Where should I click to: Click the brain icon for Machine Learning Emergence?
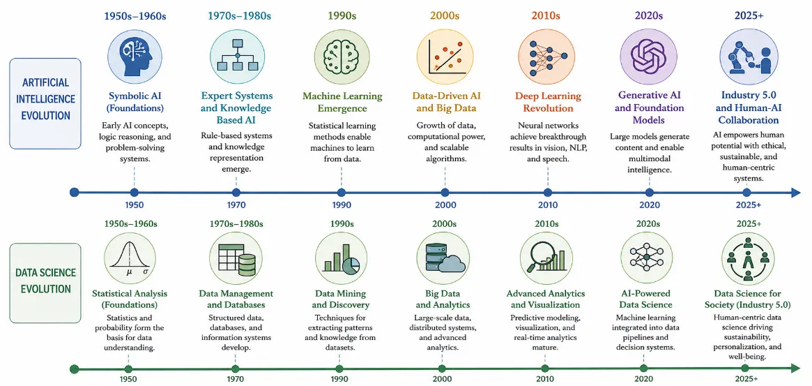tap(341, 56)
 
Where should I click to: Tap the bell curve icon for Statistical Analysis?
tap(130, 258)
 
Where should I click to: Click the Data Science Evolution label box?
tap(45, 283)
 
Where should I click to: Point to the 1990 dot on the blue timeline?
tap(342, 193)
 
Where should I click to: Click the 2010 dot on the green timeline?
tap(544, 369)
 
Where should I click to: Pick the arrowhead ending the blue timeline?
tap(795, 193)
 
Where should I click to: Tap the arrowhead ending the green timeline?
tap(795, 369)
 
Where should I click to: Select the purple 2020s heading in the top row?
tap(649, 15)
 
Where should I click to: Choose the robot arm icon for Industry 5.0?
tap(749, 56)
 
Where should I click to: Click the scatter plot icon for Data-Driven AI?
tap(443, 56)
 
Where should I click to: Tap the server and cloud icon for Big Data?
tap(443, 258)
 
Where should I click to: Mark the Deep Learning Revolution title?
tap(547, 102)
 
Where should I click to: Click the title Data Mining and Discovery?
tap(342, 299)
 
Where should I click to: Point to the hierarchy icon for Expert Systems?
tap(237, 56)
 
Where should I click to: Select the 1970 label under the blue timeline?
tap(236, 205)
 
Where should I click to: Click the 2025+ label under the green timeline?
tap(746, 379)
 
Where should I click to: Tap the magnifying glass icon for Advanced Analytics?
tap(545, 258)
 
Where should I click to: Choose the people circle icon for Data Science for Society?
tap(748, 258)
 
